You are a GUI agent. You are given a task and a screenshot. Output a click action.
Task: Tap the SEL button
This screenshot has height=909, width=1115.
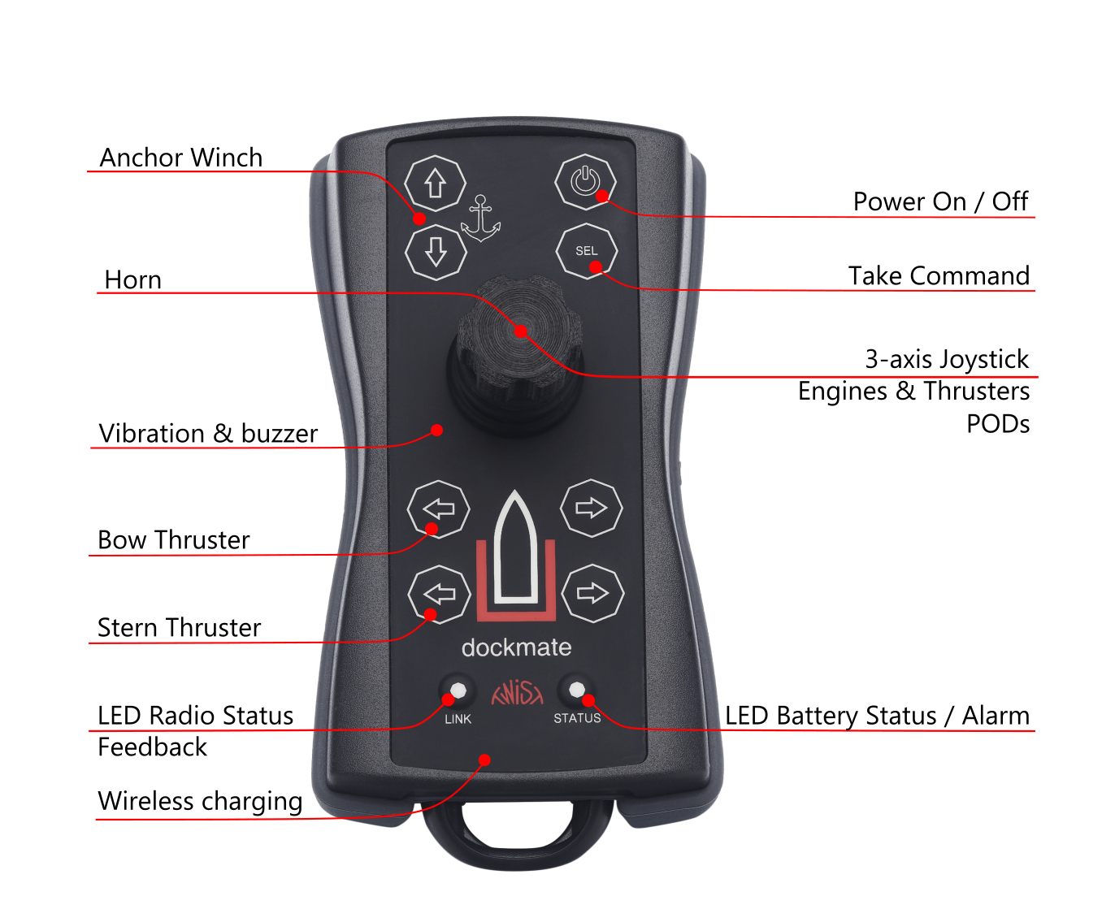point(586,251)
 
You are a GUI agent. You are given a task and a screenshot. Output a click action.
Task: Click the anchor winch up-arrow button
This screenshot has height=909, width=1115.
point(435,184)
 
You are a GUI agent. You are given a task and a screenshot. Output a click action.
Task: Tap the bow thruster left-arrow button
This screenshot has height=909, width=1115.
point(439,509)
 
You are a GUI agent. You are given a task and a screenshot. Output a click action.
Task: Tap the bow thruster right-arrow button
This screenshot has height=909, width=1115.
point(591,509)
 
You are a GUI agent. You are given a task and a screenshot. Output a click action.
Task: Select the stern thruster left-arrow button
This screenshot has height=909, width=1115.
point(440,594)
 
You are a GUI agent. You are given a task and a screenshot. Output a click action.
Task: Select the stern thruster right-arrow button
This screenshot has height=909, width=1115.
point(592,593)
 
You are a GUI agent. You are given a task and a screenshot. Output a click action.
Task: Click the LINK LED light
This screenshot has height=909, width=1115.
point(458,690)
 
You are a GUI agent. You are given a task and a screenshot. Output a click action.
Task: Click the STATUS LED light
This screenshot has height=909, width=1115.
point(576,690)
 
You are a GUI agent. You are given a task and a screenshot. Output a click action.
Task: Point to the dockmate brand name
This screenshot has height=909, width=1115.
point(516,647)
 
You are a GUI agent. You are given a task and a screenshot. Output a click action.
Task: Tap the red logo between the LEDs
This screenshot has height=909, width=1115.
point(517,693)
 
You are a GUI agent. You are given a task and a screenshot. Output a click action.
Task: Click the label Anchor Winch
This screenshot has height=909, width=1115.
point(180,158)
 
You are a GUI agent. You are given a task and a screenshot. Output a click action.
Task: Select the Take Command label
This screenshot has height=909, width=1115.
point(939,276)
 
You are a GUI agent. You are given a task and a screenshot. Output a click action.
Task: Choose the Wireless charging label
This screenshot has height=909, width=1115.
point(200,801)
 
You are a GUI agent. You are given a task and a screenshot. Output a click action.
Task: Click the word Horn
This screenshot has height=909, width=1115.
point(133,280)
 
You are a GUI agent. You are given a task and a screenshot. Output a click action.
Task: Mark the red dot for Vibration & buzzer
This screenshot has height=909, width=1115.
point(437,430)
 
